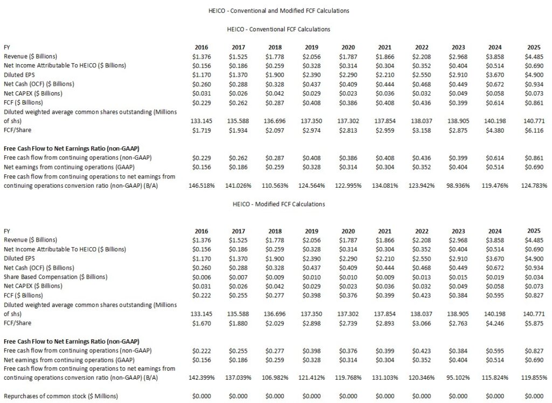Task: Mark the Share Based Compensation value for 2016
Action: (201, 277)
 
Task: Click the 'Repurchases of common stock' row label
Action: (60, 396)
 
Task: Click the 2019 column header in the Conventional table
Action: (312, 47)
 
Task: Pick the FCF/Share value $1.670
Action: (201, 323)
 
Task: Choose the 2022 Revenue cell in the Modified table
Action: (422, 240)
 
